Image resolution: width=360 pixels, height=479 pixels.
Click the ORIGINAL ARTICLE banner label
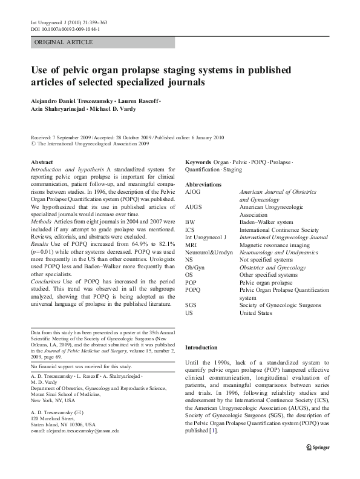(x=64, y=42)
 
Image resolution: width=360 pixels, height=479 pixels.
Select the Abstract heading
(x=42, y=163)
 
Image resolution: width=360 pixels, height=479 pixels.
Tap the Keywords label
(x=198, y=163)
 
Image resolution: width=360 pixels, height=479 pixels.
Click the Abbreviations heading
(x=203, y=184)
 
